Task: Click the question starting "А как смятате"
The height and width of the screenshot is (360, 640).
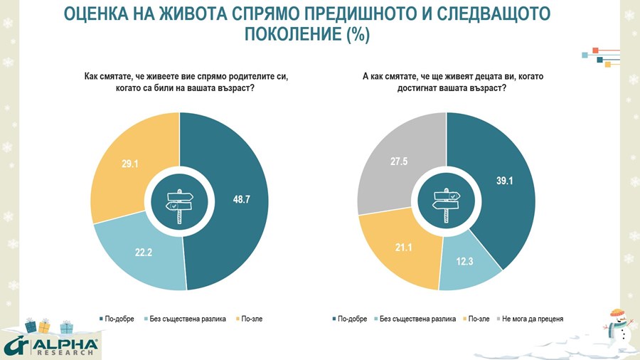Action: point(447,81)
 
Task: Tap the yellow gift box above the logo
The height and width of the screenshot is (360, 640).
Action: point(44,327)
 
